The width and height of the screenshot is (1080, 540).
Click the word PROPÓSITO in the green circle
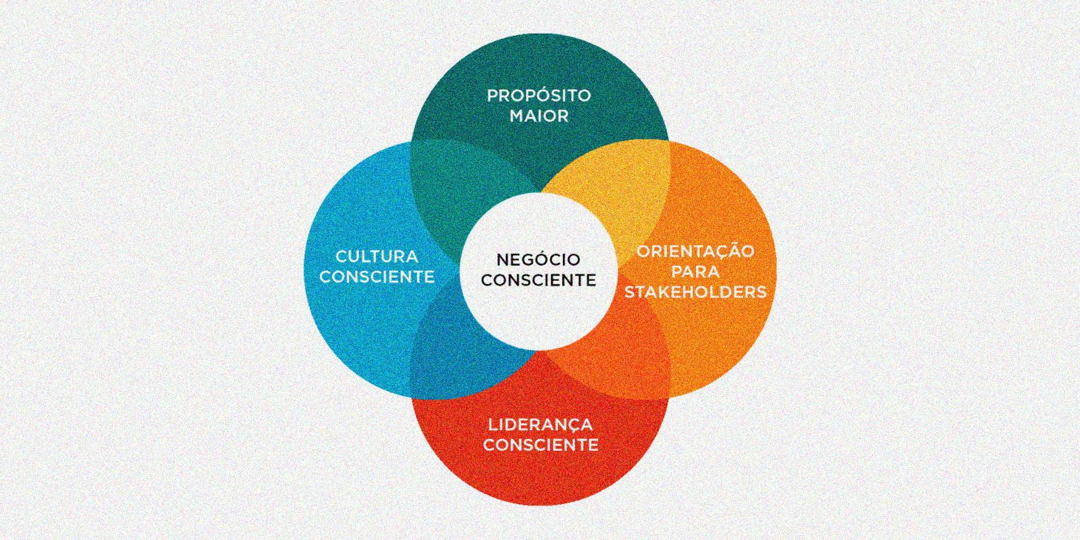539,96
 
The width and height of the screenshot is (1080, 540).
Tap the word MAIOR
539,116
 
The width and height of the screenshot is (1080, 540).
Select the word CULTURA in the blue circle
377,256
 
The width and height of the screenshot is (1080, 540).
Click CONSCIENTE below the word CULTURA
377,277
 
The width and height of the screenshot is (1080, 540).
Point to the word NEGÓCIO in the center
538,260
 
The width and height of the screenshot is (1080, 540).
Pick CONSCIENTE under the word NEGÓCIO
538,280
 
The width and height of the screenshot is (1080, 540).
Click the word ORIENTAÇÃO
695,251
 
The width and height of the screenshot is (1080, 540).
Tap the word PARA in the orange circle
695,272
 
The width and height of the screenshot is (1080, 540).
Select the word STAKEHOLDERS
695,292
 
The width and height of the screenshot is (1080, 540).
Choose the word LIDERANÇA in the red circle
540,425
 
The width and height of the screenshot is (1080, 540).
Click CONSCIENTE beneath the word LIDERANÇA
540,445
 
